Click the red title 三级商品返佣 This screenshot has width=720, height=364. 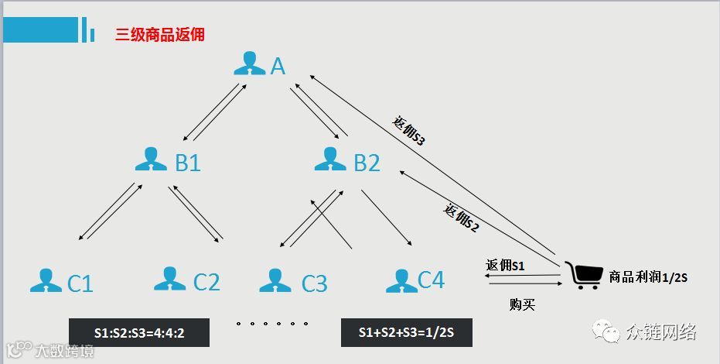(x=160, y=35)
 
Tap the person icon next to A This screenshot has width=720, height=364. (x=249, y=64)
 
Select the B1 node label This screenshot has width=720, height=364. (x=188, y=163)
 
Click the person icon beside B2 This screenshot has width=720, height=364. (x=330, y=158)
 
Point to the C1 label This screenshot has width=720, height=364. (x=80, y=283)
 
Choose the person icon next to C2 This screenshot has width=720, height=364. (x=169, y=279)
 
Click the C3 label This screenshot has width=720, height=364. (x=315, y=283)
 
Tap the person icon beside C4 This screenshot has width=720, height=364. (x=401, y=279)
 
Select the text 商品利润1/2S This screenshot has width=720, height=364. (x=650, y=276)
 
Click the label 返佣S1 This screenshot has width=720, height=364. (x=506, y=266)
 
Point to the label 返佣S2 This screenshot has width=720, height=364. (x=462, y=218)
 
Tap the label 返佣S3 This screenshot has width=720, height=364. (x=410, y=132)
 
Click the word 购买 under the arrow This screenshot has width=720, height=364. (x=522, y=304)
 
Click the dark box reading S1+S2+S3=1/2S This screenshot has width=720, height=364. (x=406, y=332)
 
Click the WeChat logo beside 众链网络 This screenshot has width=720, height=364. (x=606, y=332)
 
